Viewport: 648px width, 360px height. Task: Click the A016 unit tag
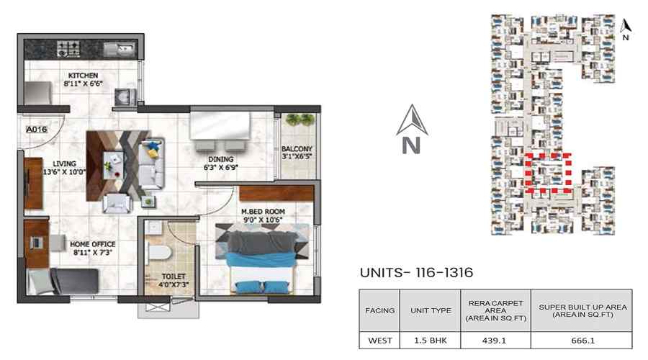[36, 129]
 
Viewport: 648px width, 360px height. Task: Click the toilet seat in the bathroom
[162, 251]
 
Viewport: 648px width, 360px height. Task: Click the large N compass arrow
[412, 130]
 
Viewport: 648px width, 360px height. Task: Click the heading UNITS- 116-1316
[416, 274]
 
